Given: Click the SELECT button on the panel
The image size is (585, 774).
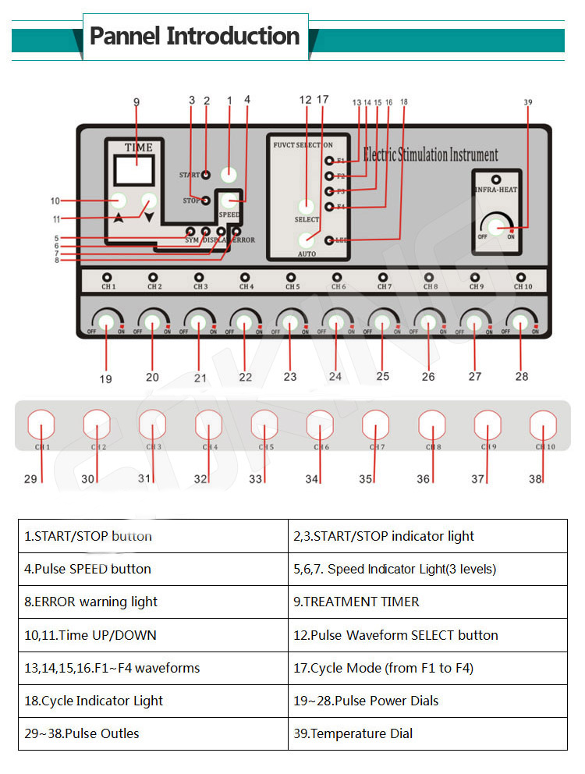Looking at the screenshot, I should tap(307, 206).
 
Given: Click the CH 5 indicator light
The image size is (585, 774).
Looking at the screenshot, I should tap(291, 277).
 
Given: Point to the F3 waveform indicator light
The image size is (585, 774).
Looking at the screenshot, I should tap(330, 191).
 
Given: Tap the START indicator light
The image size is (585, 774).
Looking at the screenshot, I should tap(206, 175).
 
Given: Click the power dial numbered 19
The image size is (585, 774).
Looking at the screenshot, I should tap(105, 321).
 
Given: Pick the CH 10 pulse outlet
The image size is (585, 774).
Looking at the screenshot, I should tap(543, 427).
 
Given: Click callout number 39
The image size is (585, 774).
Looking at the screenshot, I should tap(528, 102).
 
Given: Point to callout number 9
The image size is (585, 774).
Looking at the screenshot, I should tap(136, 101).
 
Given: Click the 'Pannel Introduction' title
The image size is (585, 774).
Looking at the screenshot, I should tap(194, 36).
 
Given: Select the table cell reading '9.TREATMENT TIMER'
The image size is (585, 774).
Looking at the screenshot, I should tap(427, 602).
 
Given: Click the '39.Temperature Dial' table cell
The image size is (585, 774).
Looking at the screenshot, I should tap(427, 733).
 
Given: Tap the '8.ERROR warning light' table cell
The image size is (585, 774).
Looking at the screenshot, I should tap(153, 602).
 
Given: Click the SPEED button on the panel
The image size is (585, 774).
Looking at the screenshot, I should tap(229, 201).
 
